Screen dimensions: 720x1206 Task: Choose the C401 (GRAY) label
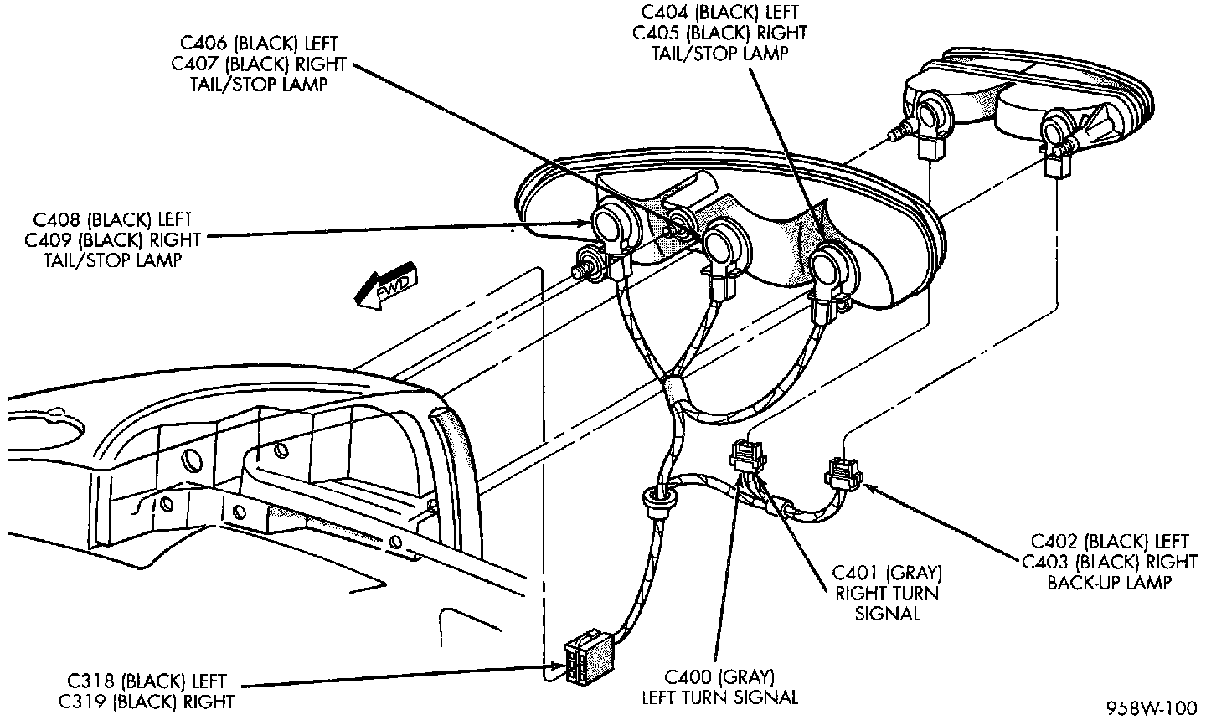tap(887, 573)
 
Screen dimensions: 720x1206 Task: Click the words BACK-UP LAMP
tap(1110, 582)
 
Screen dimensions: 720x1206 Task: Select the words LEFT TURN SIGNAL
tap(719, 696)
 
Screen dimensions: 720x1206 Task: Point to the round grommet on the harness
tap(659, 501)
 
